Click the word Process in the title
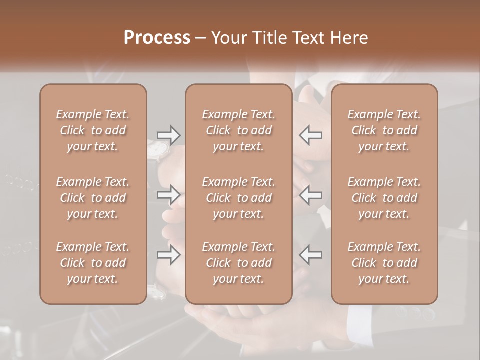tap(157, 38)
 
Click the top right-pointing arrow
tap(169, 135)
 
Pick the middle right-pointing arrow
tap(169, 195)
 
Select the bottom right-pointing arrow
tap(169, 255)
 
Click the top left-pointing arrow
tap(310, 135)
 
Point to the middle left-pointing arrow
tap(310, 195)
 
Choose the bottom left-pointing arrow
tap(310, 255)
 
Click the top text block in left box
tap(93, 130)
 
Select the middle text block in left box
tap(93, 198)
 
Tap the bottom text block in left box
tap(93, 263)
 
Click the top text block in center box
tap(238, 130)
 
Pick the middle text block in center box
tap(238, 198)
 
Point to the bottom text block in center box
tap(238, 263)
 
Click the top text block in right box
tap(384, 130)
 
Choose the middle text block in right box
tap(384, 198)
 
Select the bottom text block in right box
tap(384, 263)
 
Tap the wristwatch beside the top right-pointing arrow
tap(159, 149)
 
